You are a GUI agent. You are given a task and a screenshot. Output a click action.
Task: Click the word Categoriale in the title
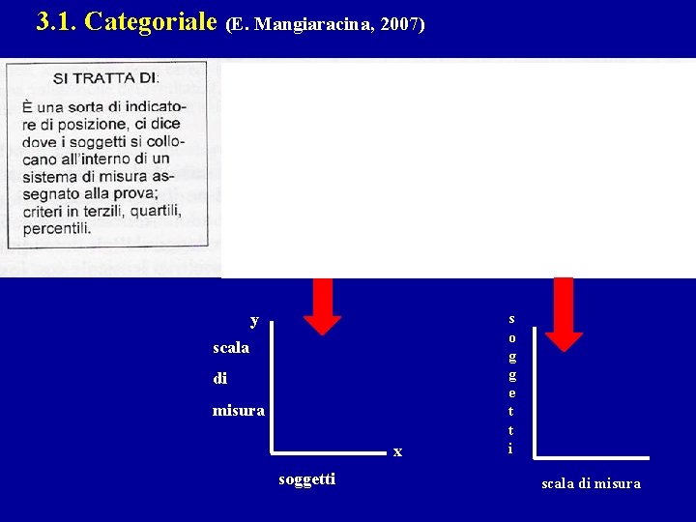pos(150,22)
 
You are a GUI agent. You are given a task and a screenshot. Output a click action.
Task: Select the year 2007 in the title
pos(401,24)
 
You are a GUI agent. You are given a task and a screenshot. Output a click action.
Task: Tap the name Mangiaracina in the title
pos(320,24)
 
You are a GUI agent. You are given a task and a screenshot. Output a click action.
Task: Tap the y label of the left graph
pos(254,320)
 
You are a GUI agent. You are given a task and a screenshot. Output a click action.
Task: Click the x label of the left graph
pos(397,451)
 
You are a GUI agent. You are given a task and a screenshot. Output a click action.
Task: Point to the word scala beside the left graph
pos(231,347)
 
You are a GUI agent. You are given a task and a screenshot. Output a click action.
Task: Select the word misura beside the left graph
pos(238,411)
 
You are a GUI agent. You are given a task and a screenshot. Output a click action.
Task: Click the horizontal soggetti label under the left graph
pos(306,478)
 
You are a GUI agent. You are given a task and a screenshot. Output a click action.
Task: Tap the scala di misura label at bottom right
pos(590,483)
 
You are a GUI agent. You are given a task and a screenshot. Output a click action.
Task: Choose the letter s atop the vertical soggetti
pos(511,319)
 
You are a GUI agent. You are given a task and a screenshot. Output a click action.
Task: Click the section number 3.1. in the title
pos(56,22)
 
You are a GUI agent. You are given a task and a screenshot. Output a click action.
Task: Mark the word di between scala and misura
pos(220,379)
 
